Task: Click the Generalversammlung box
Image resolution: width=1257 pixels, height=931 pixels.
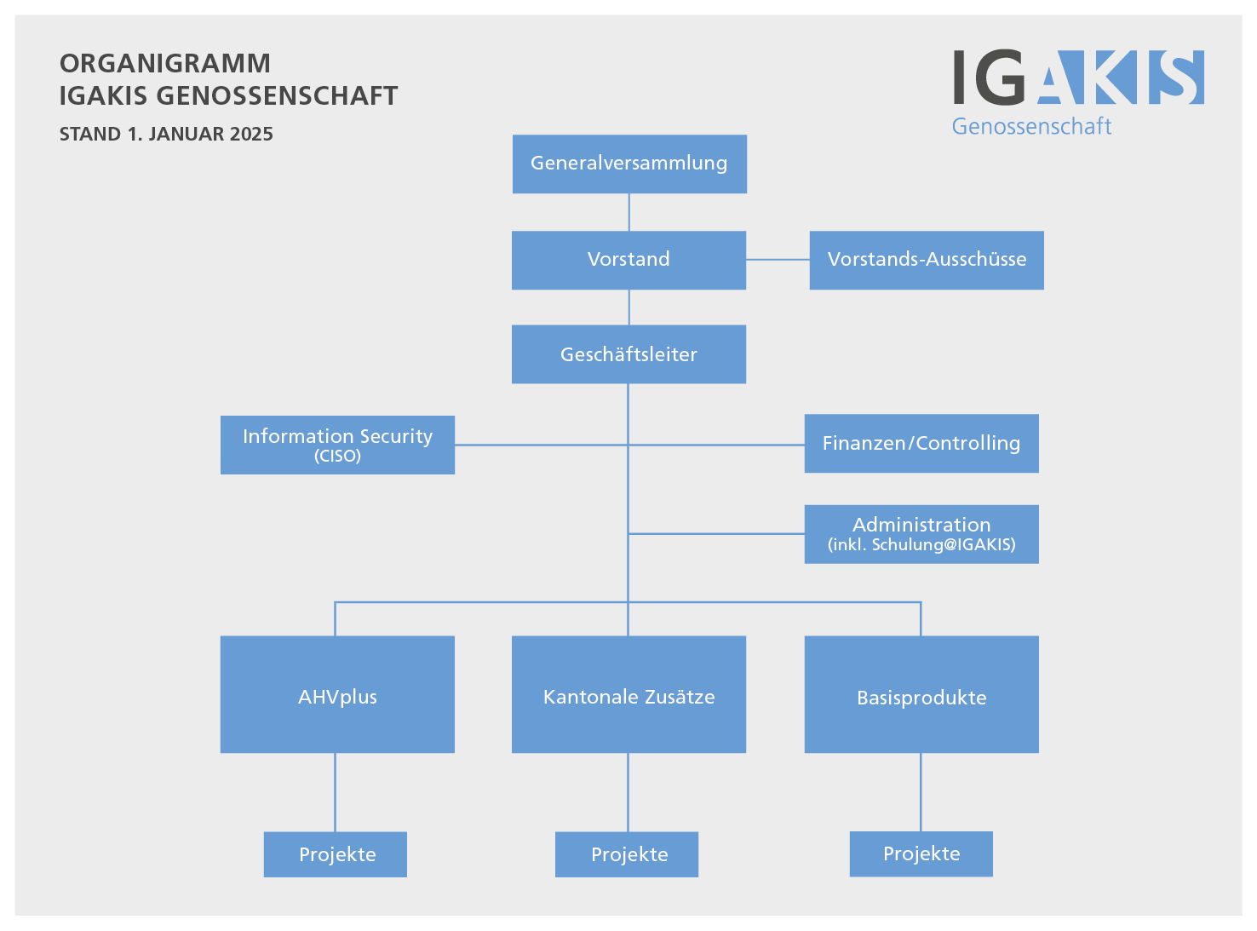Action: point(629,164)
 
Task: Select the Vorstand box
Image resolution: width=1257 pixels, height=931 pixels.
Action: point(628,260)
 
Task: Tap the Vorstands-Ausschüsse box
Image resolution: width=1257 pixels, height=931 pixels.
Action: point(927,260)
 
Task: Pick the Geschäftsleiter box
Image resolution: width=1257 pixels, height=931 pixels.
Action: point(628,354)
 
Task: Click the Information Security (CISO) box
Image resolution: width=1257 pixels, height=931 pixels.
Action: point(337,445)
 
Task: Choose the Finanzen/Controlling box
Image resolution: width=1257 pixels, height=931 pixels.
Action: point(921,443)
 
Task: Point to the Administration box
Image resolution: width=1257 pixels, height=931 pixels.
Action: point(921,534)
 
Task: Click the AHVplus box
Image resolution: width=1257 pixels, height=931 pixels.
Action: point(337,694)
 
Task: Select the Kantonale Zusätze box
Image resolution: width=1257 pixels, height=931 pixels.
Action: point(628,694)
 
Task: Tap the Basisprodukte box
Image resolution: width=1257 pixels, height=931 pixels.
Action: point(921,694)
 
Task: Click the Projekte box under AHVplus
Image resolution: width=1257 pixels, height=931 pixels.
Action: point(336,854)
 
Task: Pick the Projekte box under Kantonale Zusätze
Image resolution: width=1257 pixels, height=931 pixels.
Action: point(627,854)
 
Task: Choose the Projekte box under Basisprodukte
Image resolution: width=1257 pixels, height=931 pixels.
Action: point(921,853)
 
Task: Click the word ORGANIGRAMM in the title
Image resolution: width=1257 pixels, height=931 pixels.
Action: point(165,63)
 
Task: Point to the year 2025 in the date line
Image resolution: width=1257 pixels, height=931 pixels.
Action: point(251,135)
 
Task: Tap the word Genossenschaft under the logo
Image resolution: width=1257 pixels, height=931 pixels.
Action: point(1031,126)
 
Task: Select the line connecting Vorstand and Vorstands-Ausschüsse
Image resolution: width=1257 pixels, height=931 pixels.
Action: point(778,260)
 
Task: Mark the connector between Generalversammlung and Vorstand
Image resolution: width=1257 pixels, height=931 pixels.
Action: point(629,212)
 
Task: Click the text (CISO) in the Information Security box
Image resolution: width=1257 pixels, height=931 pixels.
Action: point(337,457)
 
